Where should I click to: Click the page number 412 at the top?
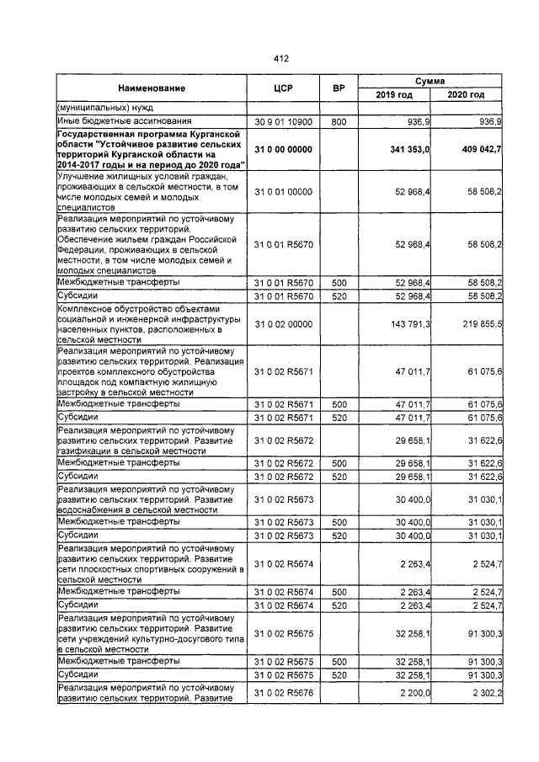pos(280,58)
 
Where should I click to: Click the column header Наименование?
pos(152,88)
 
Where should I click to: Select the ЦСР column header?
pos(283,88)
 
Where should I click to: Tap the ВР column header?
pos(339,88)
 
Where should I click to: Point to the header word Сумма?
pos(430,80)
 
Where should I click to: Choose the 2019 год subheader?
pos(394,95)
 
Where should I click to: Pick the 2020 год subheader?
pos(467,95)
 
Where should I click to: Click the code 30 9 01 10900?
pos(283,122)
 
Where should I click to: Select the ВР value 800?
pos(339,122)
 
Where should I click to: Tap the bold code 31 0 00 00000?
pos(283,149)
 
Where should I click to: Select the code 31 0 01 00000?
pos(283,192)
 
